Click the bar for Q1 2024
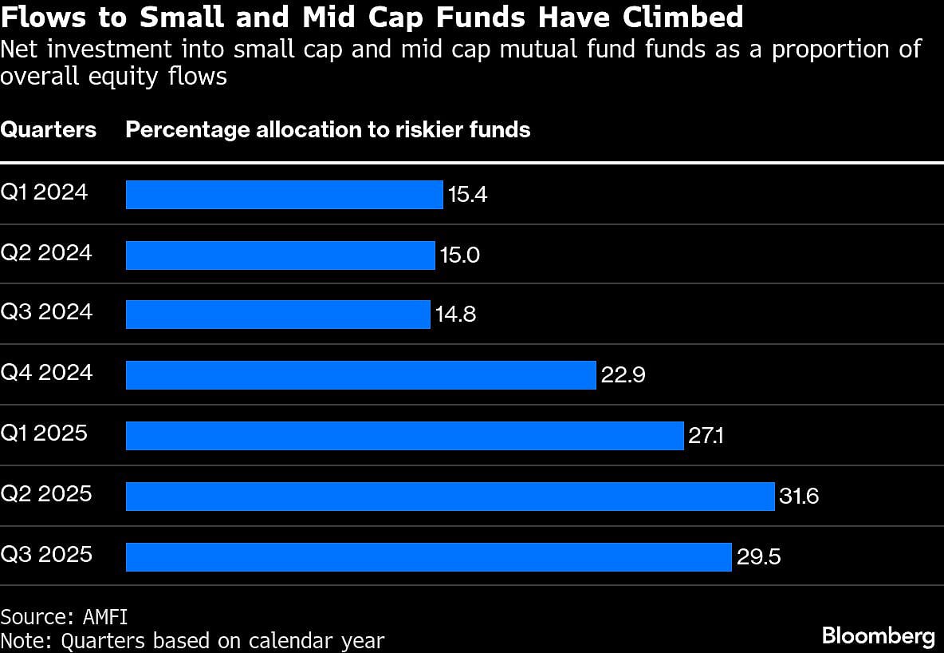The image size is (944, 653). pos(284,195)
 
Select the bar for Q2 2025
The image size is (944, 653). pos(450,497)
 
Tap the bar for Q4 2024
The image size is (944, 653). pos(361,375)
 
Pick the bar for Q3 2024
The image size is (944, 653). pos(278,315)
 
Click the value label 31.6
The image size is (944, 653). pos(800,497)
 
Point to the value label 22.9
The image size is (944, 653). pos(623,375)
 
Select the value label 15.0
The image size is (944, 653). pos(460,255)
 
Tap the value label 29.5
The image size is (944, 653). pos(758,557)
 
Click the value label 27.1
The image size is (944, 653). pos(706,436)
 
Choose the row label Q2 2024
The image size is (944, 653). pos(46,253)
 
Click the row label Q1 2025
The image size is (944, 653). pos(45,433)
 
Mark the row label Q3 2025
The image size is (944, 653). pos(46,554)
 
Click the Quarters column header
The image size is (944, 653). pos(48,129)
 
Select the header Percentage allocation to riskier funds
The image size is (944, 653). pos(328,129)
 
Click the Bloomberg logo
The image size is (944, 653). pos(878,635)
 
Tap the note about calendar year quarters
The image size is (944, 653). pos(192,639)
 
